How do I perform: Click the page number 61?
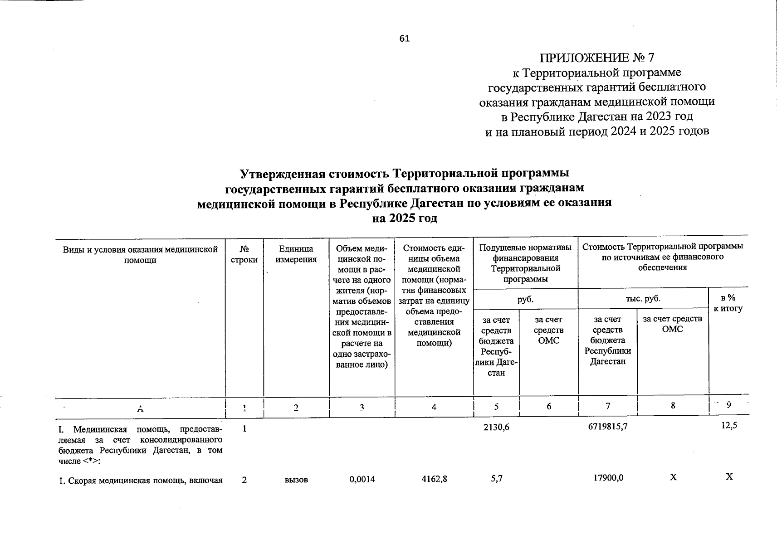point(404,39)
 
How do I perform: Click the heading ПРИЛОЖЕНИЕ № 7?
point(597,58)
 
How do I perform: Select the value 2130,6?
point(496,427)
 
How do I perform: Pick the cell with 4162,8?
point(434,478)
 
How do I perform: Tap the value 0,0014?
point(362,478)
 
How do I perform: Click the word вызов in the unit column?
point(296,479)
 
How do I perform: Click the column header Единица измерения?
point(296,254)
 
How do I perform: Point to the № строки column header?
point(244,254)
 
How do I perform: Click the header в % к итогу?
point(728,303)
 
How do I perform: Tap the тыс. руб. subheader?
point(643,298)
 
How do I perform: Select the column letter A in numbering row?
point(140,408)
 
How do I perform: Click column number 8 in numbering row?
point(673,406)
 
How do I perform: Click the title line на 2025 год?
point(404,219)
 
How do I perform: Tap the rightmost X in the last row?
point(729,476)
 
